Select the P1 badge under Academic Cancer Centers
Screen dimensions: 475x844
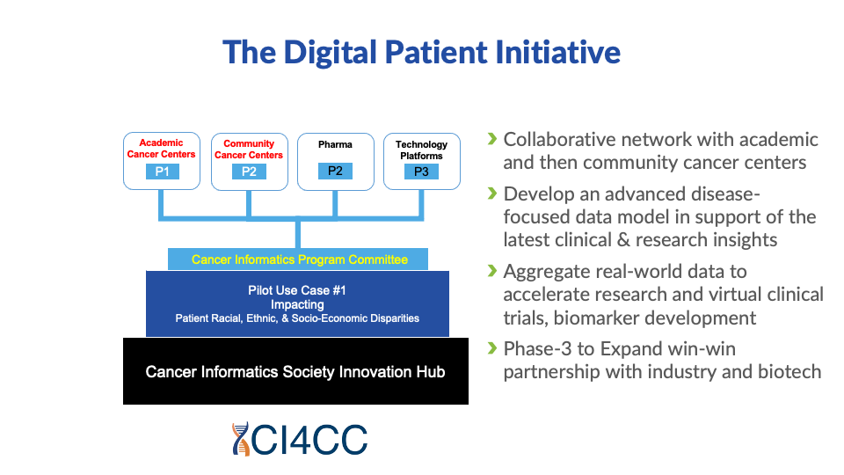click(x=162, y=172)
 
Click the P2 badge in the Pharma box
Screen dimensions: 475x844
click(x=335, y=171)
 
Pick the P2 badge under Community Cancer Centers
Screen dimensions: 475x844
click(x=249, y=172)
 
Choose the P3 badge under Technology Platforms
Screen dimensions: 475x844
click(x=421, y=172)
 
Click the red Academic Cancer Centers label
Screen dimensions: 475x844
click(x=162, y=149)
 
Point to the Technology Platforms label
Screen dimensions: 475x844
click(x=421, y=150)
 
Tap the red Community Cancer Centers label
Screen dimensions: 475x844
click(x=249, y=149)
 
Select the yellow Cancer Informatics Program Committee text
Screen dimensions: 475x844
click(x=299, y=259)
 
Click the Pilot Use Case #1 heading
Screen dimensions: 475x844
click(x=297, y=290)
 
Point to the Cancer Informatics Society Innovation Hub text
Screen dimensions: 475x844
click(x=295, y=372)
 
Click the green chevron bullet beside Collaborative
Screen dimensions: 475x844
click(x=492, y=139)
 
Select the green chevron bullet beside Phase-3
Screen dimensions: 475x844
click(x=492, y=348)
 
